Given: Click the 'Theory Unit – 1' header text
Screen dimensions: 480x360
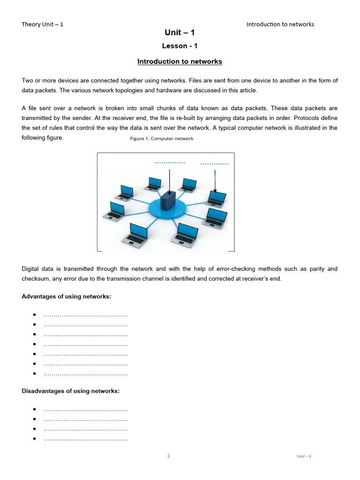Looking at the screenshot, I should (x=42, y=24).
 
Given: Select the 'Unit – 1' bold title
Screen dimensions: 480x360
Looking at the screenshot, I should (x=180, y=32).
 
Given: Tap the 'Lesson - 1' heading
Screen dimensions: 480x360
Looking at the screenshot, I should (x=180, y=46).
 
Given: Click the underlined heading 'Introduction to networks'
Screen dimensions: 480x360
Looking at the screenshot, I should (x=180, y=61).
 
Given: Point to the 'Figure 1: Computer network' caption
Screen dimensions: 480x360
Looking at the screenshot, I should (x=162, y=139).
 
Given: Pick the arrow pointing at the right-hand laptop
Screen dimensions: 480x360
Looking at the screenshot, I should (x=215, y=181).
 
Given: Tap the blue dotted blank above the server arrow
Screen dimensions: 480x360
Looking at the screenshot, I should (x=170, y=163).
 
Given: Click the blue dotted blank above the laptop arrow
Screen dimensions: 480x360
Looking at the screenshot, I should (x=214, y=164).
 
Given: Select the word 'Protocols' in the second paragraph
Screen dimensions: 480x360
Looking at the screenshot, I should (x=322, y=118).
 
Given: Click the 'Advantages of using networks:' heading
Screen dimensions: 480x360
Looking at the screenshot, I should (x=67, y=297).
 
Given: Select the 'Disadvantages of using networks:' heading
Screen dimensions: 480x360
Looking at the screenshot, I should (x=71, y=391).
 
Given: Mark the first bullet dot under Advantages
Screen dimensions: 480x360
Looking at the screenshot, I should (x=35, y=315).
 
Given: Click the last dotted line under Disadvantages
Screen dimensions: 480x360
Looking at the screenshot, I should (x=85, y=439).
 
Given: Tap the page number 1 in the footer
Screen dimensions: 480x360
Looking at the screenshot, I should (x=169, y=456).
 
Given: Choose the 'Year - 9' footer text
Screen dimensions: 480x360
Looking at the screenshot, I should (x=304, y=456).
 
